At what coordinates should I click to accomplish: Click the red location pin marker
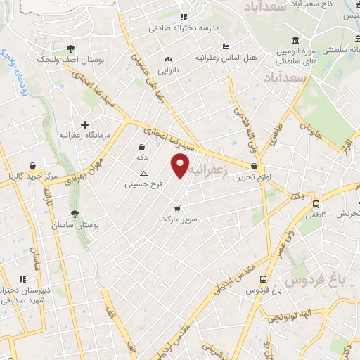181,167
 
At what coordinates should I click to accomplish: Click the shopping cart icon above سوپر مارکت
177,208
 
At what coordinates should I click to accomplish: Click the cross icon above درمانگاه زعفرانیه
84,124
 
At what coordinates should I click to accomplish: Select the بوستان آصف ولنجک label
70,61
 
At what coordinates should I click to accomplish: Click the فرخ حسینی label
143,186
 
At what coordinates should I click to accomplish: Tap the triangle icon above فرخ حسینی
144,174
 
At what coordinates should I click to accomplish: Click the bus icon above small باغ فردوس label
263,278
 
